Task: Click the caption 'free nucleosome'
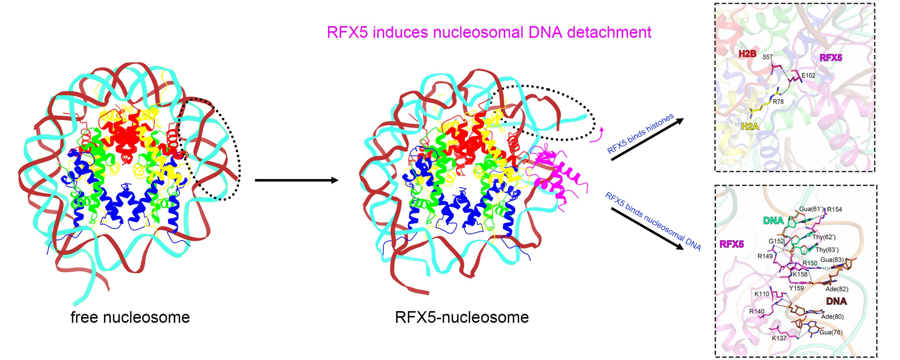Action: (x=130, y=317)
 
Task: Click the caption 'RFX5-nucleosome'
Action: (x=462, y=317)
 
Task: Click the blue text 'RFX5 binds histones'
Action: (x=641, y=134)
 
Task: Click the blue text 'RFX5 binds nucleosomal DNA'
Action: (x=652, y=221)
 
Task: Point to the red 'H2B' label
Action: (x=747, y=54)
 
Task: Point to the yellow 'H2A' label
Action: (x=750, y=126)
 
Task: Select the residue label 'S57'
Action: (x=768, y=57)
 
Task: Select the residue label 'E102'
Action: (x=808, y=75)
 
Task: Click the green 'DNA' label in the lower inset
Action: (x=773, y=221)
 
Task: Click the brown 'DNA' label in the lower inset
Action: (x=836, y=301)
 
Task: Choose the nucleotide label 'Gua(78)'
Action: (x=831, y=332)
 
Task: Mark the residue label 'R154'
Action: (x=834, y=209)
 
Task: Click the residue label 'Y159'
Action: (x=796, y=288)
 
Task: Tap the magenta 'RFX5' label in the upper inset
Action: (x=830, y=58)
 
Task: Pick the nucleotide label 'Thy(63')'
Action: (x=827, y=250)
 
